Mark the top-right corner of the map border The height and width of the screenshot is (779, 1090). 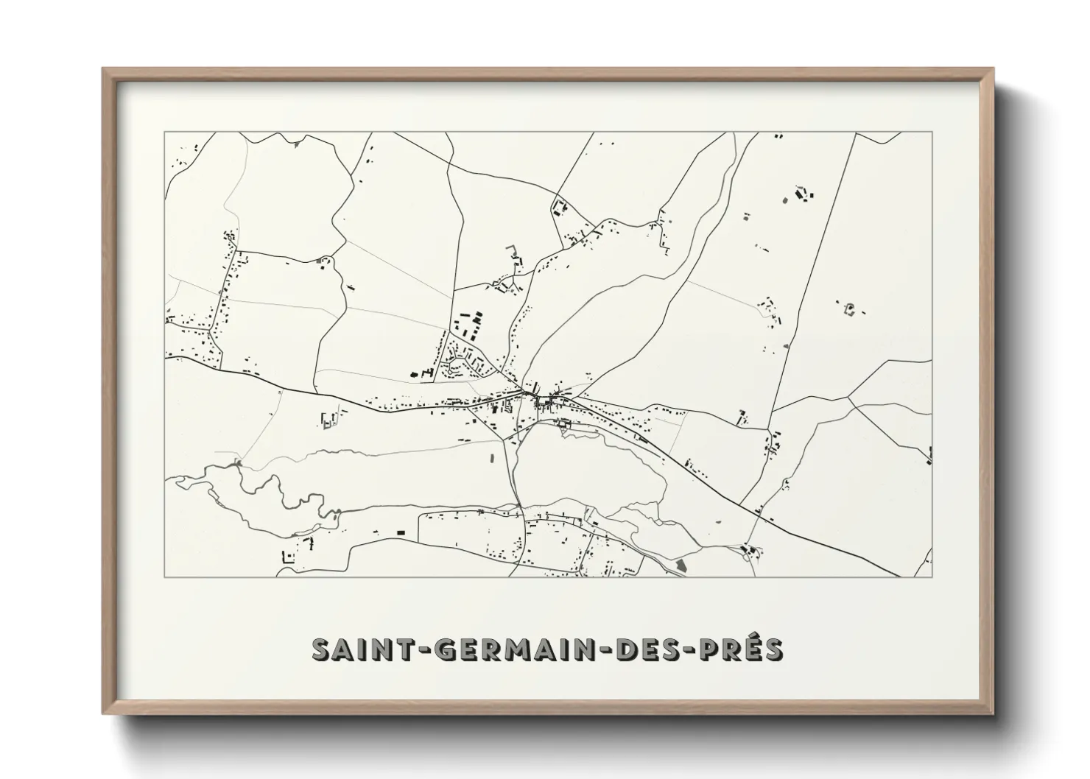tap(932, 132)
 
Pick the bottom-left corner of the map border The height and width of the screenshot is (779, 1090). tap(165, 577)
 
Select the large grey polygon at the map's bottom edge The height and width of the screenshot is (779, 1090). tap(680, 565)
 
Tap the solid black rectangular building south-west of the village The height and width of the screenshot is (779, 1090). tap(401, 532)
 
